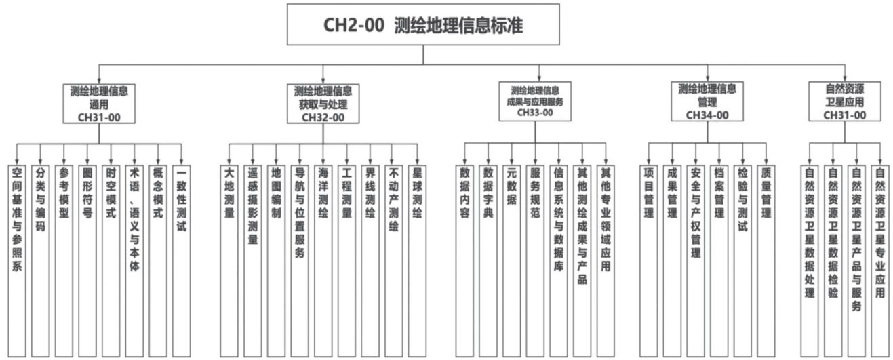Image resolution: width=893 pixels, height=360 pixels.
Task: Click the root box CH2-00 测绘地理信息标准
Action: click(424, 25)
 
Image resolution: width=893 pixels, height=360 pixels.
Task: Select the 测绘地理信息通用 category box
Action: click(99, 103)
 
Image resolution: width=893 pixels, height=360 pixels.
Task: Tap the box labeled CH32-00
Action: click(323, 103)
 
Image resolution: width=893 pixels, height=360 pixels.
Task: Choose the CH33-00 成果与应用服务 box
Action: click(535, 101)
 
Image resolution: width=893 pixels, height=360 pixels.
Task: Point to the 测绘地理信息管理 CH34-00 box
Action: click(707, 101)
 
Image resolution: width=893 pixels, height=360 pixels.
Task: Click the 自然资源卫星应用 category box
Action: click(845, 101)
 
